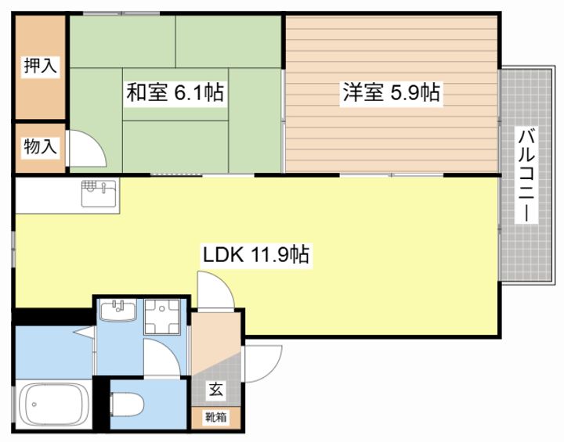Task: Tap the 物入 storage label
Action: coord(40,146)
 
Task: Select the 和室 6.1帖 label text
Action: coord(175,93)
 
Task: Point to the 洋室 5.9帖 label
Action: coord(389,92)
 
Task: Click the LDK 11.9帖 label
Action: coord(255,254)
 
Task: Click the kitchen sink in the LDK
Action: coord(99,191)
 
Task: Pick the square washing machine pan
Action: coord(164,317)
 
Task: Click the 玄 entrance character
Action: coord(214,387)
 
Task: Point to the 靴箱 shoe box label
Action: coord(216,417)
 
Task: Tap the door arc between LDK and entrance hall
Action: coord(214,288)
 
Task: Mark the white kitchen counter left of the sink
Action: coord(45,195)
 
